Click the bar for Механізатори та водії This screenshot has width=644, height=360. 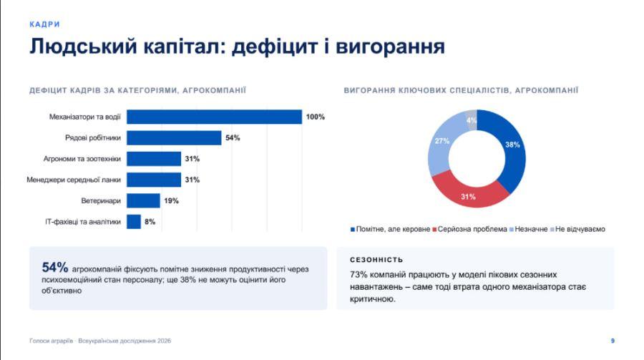[214, 117]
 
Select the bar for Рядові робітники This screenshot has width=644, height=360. [174, 137]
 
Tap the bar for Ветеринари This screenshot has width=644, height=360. [143, 200]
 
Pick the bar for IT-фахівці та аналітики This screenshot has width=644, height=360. [134, 221]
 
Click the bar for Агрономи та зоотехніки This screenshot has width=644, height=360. [154, 159]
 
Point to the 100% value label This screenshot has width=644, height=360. [316, 117]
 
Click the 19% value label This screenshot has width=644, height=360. [171, 200]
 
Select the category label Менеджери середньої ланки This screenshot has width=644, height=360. [74, 180]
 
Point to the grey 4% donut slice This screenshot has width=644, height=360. [472, 120]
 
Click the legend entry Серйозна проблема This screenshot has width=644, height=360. [470, 229]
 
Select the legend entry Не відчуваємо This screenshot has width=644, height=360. [578, 229]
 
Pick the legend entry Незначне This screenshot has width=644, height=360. [529, 229]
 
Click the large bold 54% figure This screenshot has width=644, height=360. [55, 267]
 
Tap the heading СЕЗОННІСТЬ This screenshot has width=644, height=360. [376, 260]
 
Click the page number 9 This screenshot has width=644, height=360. [613, 341]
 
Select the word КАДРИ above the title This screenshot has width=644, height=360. [45, 24]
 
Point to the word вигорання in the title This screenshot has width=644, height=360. [390, 47]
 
